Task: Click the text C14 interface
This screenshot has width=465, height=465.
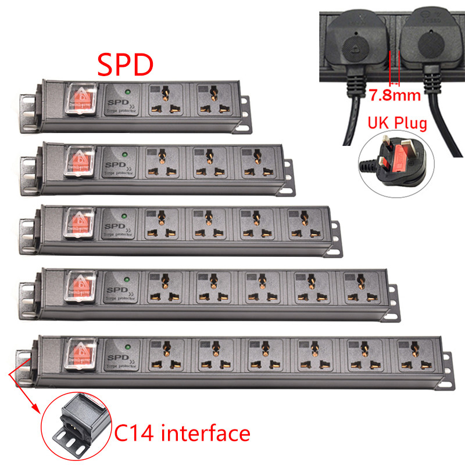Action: pyautogui.click(x=181, y=433)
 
